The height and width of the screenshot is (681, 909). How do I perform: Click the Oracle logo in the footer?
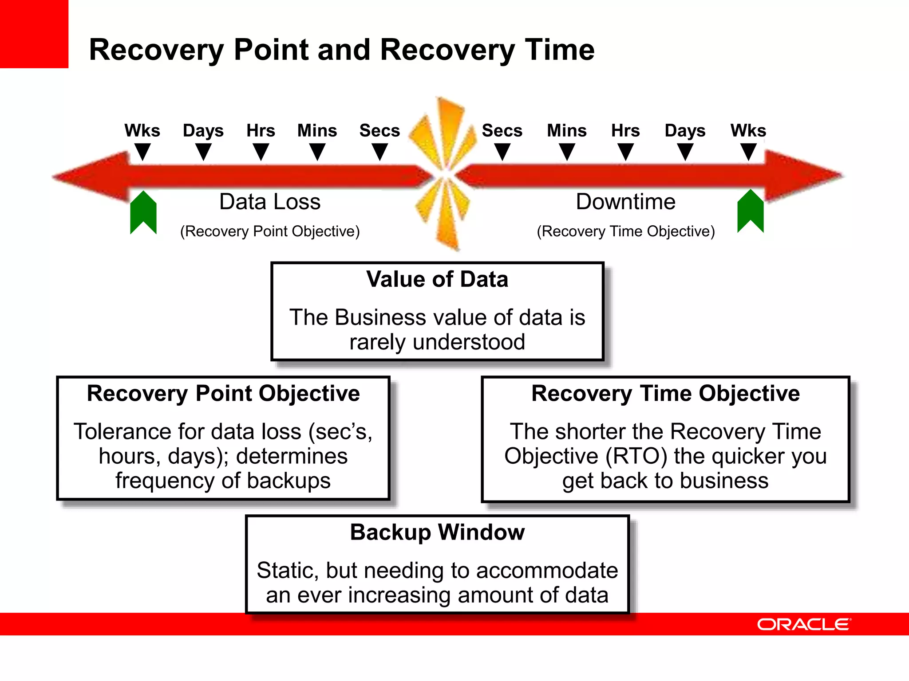click(804, 624)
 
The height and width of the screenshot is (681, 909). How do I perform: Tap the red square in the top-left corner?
click(34, 34)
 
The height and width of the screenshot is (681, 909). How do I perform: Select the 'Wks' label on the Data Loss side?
click(142, 130)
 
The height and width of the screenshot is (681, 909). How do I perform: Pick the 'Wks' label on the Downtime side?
click(748, 130)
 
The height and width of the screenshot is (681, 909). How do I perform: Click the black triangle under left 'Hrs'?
click(261, 153)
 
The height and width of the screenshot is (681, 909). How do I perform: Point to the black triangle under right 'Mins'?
click(567, 153)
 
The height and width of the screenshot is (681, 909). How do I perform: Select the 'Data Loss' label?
click(270, 202)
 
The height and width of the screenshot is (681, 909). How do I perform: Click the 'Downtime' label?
click(625, 202)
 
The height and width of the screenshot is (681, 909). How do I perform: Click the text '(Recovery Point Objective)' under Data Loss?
click(270, 231)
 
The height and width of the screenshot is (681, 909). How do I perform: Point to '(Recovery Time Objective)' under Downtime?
click(626, 231)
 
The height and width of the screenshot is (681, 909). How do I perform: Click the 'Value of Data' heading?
click(437, 279)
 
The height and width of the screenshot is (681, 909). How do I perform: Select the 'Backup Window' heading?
click(437, 532)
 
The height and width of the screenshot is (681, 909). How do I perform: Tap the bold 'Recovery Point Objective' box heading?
click(223, 393)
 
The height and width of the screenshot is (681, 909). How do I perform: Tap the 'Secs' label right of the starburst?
click(502, 130)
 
